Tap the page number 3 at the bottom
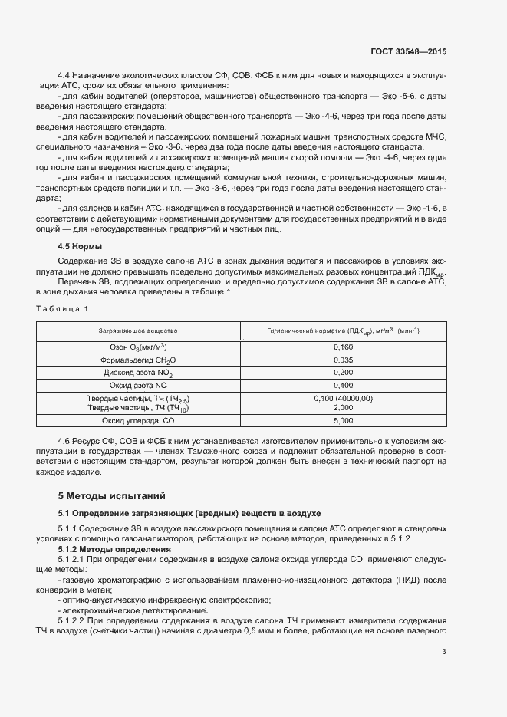[443, 653]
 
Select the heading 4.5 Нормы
[80, 247]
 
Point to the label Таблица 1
[62, 308]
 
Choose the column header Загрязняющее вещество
[138, 331]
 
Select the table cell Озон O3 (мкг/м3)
[138, 347]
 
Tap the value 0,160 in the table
[343, 347]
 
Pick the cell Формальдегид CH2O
[138, 360]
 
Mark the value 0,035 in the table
[343, 360]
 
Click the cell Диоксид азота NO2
[138, 373]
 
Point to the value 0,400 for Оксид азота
[343, 385]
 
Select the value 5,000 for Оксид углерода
[343, 421]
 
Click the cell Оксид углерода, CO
[138, 421]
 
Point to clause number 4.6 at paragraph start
[64, 442]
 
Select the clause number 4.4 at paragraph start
[64, 75]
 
